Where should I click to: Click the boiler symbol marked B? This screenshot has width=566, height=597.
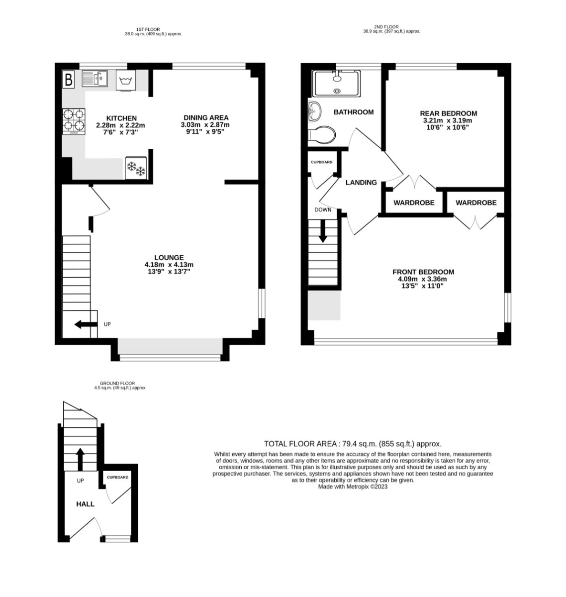tap(69, 79)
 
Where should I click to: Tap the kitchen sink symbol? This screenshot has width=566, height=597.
tap(95, 79)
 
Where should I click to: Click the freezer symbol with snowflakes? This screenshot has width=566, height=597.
tap(136, 168)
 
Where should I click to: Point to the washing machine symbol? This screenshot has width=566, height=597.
tap(125, 80)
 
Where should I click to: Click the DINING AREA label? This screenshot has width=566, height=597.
tap(204, 118)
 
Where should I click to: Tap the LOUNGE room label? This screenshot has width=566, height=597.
tap(169, 257)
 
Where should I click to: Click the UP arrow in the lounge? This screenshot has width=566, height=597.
tap(85, 325)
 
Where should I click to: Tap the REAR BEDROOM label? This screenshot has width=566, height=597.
tap(448, 113)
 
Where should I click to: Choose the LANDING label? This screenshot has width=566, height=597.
tap(361, 183)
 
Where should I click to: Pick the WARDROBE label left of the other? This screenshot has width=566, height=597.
tap(414, 203)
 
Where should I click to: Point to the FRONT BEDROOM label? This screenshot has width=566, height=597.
tap(423, 272)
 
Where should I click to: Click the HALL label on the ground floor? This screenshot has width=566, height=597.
tap(85, 504)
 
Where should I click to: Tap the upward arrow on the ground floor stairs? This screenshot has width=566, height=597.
tap(80, 457)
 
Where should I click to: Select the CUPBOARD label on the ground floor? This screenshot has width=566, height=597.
tap(117, 477)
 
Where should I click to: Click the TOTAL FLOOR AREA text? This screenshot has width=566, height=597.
tap(353, 444)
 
